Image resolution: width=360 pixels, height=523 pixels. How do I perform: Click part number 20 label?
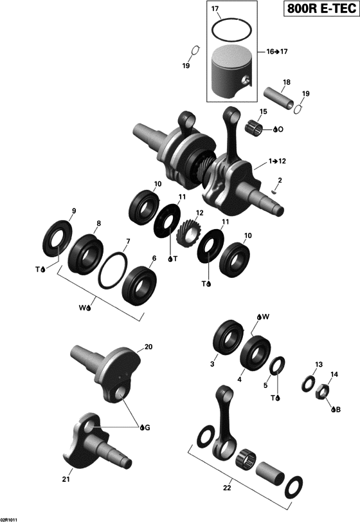point(149,347)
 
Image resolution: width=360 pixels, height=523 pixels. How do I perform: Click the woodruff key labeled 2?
point(274,190)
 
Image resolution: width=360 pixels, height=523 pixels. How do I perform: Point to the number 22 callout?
point(226,488)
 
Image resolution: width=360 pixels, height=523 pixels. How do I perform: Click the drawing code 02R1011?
point(10,517)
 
